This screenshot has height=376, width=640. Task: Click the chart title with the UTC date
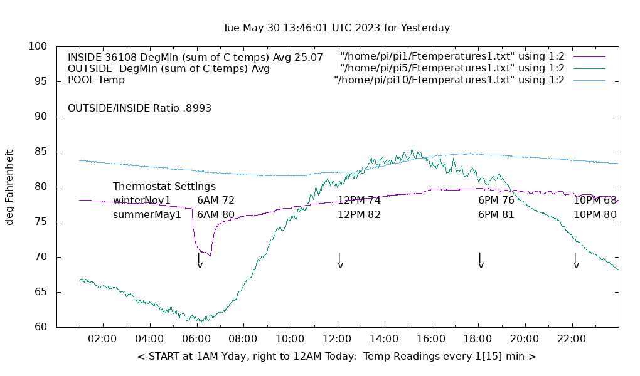tap(336, 28)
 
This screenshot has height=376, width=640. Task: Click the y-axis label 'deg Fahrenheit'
tap(9, 187)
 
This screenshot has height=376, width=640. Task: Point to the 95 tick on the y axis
tap(38, 81)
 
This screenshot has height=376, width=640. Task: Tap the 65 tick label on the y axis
tap(38, 292)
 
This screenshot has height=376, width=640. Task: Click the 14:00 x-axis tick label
tap(384, 339)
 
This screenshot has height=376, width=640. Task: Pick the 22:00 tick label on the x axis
tap(572, 339)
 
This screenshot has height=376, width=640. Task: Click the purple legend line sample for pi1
tap(589, 57)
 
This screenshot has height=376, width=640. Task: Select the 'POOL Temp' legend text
tap(96, 80)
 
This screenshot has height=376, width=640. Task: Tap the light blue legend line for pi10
tap(589, 80)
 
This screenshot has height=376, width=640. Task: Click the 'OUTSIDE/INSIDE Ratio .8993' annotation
tap(139, 108)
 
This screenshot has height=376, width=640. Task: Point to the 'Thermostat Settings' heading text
tap(164, 187)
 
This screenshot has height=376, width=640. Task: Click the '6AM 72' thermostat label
tap(216, 201)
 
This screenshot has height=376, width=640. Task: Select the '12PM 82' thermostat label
tap(359, 214)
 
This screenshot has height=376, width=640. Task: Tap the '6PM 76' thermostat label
tap(496, 201)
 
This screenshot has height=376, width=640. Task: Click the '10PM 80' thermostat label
tap(595, 214)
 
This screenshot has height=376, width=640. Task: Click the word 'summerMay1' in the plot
tap(147, 214)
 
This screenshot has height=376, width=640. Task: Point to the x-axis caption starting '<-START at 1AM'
tap(336, 357)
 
